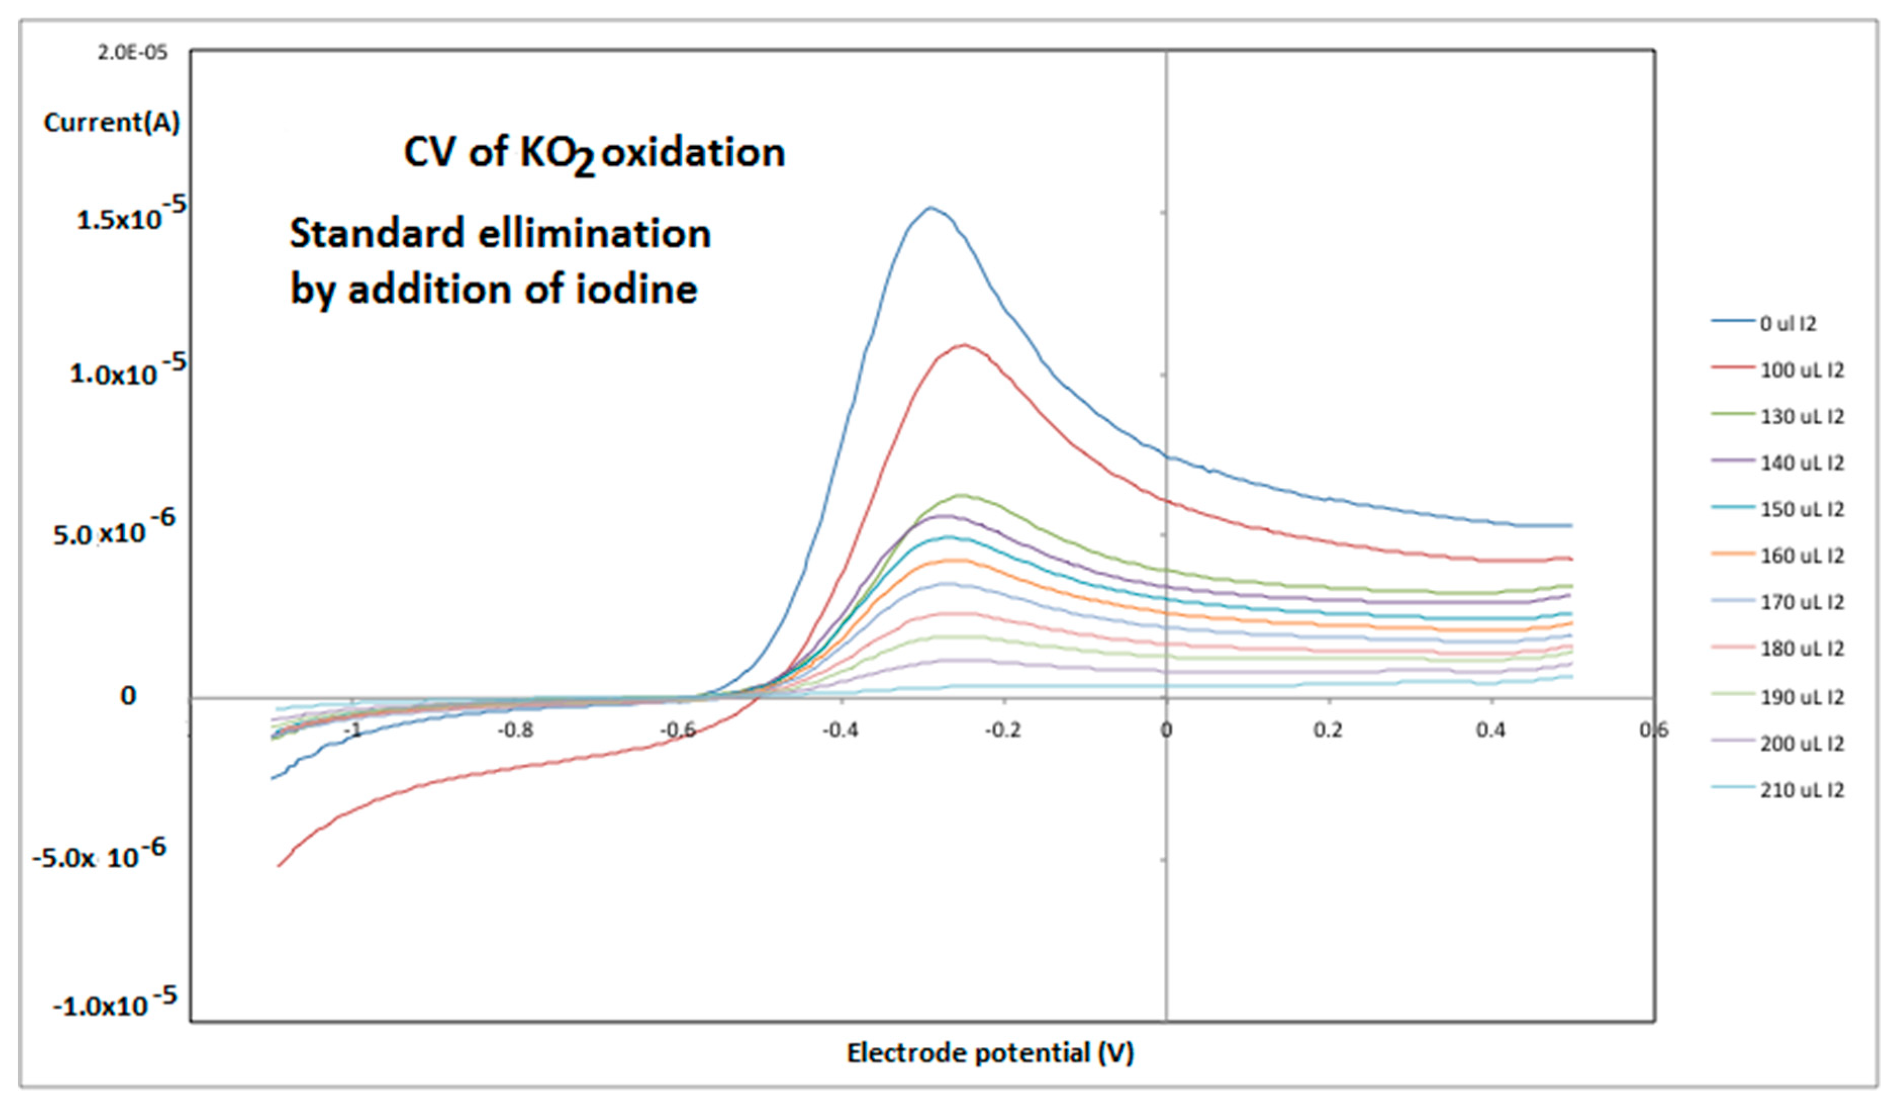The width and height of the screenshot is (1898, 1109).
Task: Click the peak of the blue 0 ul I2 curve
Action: [931, 207]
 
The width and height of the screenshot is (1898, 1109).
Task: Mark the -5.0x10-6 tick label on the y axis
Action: [99, 855]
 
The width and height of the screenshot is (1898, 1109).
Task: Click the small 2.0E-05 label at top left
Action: [132, 54]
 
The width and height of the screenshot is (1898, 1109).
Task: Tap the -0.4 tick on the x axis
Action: [840, 730]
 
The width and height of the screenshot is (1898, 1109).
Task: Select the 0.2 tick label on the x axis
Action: [1328, 730]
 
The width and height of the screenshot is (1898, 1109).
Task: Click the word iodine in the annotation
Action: [637, 289]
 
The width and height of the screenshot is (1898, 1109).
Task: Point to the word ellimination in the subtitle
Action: [594, 234]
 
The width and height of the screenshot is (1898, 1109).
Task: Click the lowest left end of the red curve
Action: [278, 866]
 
